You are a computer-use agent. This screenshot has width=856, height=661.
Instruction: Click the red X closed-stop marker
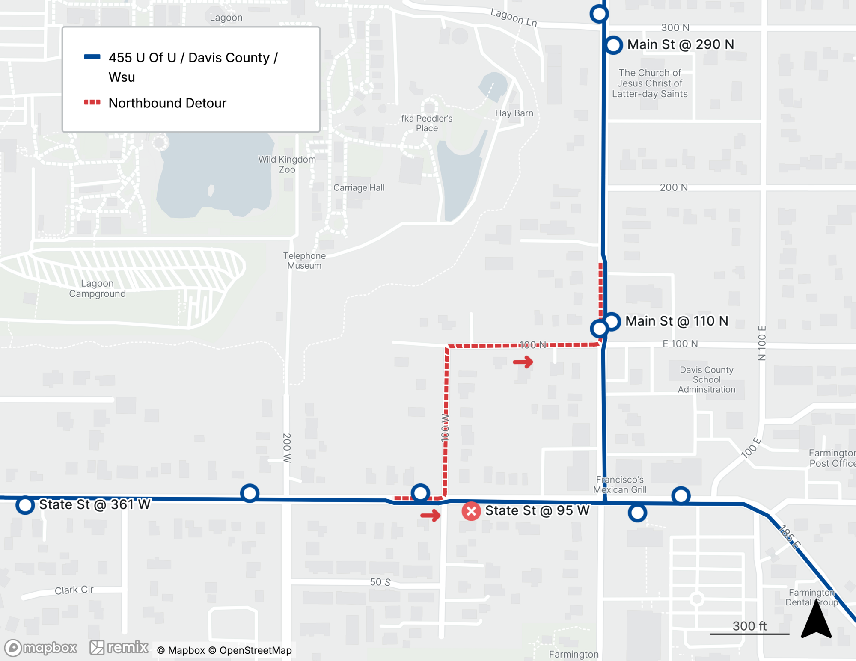471,511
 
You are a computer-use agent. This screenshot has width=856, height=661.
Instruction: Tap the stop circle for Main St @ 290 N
613,45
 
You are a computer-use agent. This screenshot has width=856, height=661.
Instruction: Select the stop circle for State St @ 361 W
25,505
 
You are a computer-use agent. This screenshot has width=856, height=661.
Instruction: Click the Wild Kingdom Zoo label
287,164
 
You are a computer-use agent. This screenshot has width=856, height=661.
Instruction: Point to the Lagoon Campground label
98,288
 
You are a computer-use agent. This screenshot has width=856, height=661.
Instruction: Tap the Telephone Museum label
304,260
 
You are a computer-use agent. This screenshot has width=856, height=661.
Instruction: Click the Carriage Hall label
359,187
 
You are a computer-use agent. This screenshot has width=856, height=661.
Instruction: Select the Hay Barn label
514,113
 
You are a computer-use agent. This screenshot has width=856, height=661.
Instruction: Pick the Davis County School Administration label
707,379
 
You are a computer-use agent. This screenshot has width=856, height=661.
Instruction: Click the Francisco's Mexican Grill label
620,485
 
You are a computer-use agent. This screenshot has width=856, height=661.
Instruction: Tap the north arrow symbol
816,620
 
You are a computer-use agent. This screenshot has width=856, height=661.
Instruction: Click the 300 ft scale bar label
749,626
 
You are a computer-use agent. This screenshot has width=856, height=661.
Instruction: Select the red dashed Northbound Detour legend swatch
92,102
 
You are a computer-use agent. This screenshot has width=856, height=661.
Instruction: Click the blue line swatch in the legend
92,57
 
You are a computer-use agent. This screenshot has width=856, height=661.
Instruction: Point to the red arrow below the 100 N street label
523,362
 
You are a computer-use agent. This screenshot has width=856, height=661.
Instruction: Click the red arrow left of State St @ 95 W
430,515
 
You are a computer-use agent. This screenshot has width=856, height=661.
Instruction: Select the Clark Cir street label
74,590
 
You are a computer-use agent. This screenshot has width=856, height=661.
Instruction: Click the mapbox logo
41,648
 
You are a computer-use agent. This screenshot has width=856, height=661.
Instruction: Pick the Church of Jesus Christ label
650,83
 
